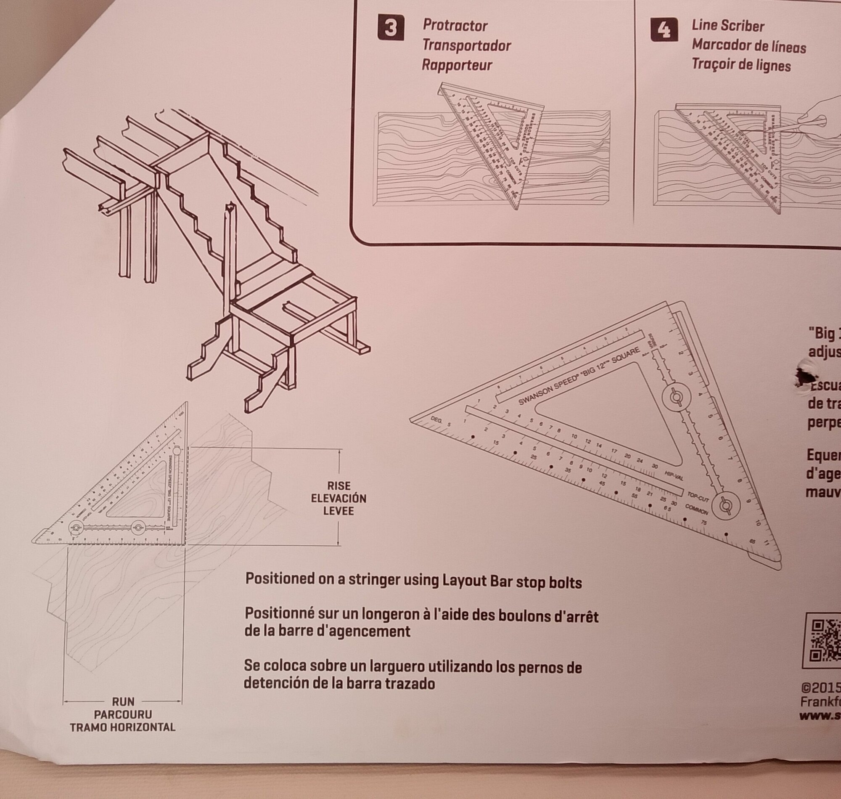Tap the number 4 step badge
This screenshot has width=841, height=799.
(x=664, y=31)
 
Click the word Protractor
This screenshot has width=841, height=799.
(x=455, y=26)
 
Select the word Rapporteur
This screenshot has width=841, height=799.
(x=457, y=65)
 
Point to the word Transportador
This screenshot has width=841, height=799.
(x=466, y=45)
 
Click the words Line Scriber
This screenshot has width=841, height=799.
(x=728, y=26)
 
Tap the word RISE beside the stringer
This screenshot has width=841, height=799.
(x=339, y=486)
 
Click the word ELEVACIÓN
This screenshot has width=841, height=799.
(x=339, y=498)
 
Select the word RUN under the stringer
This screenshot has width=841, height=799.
(x=123, y=701)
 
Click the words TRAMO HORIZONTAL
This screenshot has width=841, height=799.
(x=123, y=727)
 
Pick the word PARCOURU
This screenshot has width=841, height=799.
(x=123, y=714)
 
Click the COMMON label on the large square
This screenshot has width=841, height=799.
(x=697, y=509)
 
